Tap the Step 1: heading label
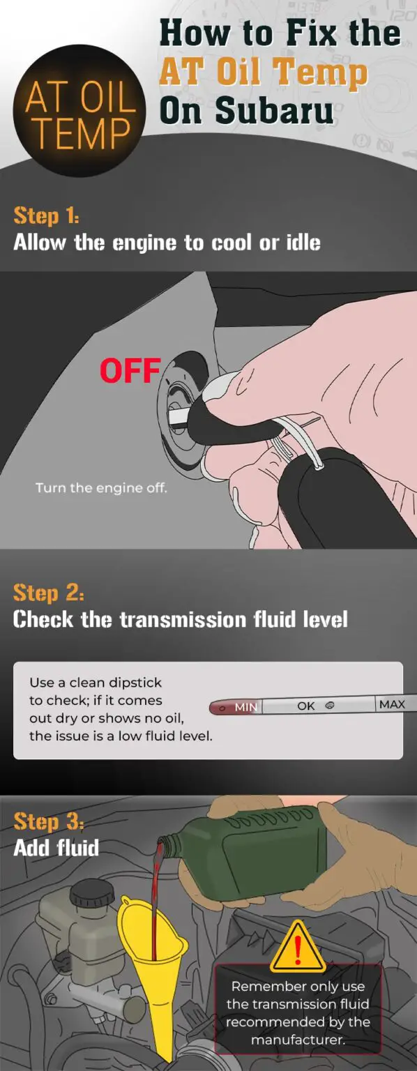pos(46,215)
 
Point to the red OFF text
pos(130,371)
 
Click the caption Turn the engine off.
pos(101,488)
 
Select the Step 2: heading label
pos(48,593)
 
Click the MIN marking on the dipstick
pos(245,706)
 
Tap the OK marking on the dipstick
pos(306,706)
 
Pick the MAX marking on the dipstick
pos(391,704)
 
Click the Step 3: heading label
pos(48,821)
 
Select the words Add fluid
pos(56,848)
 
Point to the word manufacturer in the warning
pos(298,1040)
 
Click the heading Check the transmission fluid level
pos(180,619)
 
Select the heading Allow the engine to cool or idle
pos(167,243)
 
